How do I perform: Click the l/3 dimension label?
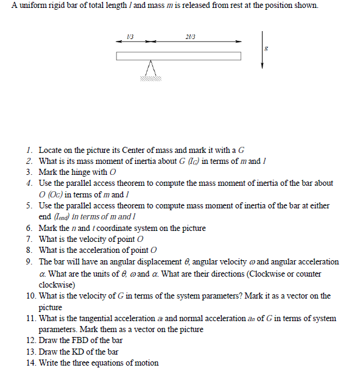130,37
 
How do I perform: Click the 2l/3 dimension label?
190,37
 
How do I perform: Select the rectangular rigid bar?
179,57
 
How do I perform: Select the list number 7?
29,239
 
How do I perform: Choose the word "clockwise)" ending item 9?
57,285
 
